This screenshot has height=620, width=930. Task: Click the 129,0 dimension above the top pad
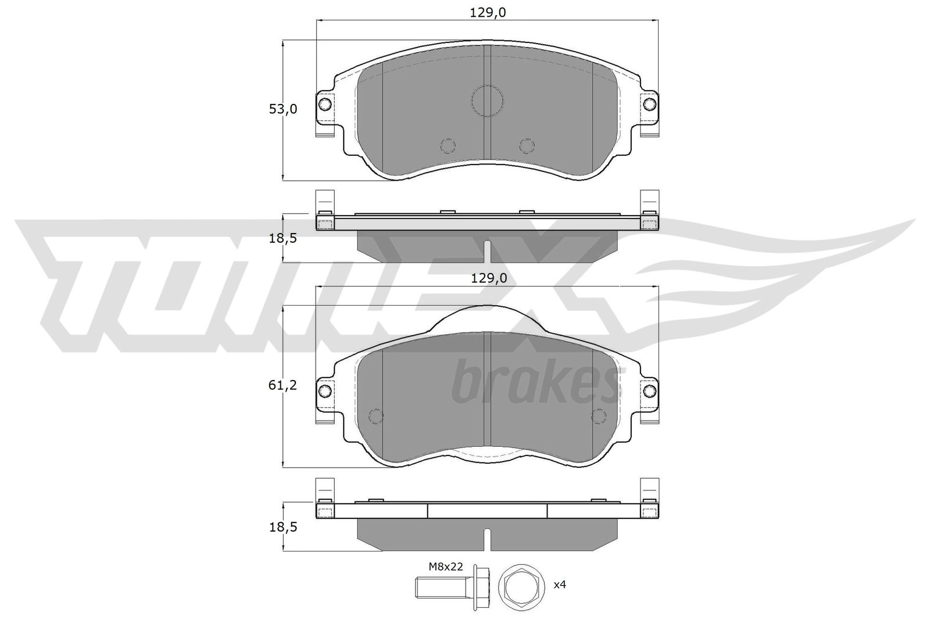488,13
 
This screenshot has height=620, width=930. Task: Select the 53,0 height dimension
283,109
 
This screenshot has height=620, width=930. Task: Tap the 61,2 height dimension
282,385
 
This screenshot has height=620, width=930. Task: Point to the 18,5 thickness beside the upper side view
283,239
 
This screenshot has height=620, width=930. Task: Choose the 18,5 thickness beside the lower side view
283,528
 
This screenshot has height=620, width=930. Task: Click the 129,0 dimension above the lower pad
489,278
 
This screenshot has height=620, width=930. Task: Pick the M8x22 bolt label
445,567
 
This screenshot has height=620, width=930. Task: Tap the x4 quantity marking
560,585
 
